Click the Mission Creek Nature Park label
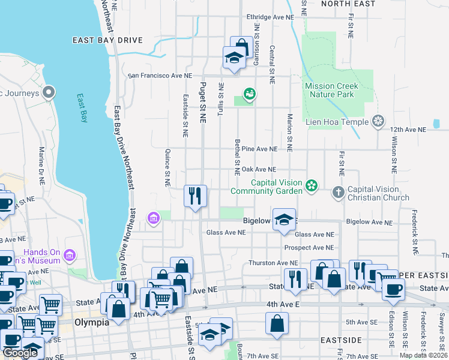click(x=331, y=90)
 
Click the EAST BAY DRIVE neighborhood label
click(x=107, y=40)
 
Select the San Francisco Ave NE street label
click(x=161, y=76)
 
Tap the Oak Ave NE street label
click(x=259, y=170)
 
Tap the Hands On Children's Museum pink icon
click(x=70, y=256)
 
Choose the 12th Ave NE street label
click(x=408, y=129)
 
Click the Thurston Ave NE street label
click(x=273, y=263)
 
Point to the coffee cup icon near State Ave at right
click(x=394, y=289)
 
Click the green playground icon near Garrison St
click(x=249, y=94)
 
